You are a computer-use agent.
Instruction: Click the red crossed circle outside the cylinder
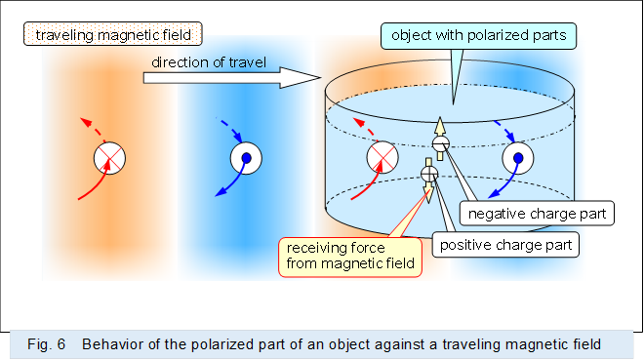pos(108,157)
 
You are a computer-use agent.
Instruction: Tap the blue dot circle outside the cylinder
pos(246,157)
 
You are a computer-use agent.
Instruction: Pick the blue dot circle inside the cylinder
pos(517,157)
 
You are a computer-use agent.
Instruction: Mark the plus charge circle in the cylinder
pos(427,174)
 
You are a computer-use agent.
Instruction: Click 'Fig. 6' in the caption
pos(46,343)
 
